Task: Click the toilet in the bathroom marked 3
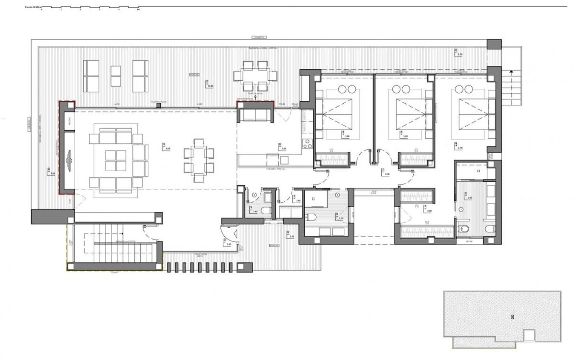click(268, 210)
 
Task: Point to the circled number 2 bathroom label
click(337, 195)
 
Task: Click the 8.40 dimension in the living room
click(167, 149)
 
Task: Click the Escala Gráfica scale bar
click(91, 8)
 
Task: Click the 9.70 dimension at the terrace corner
click(460, 55)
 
